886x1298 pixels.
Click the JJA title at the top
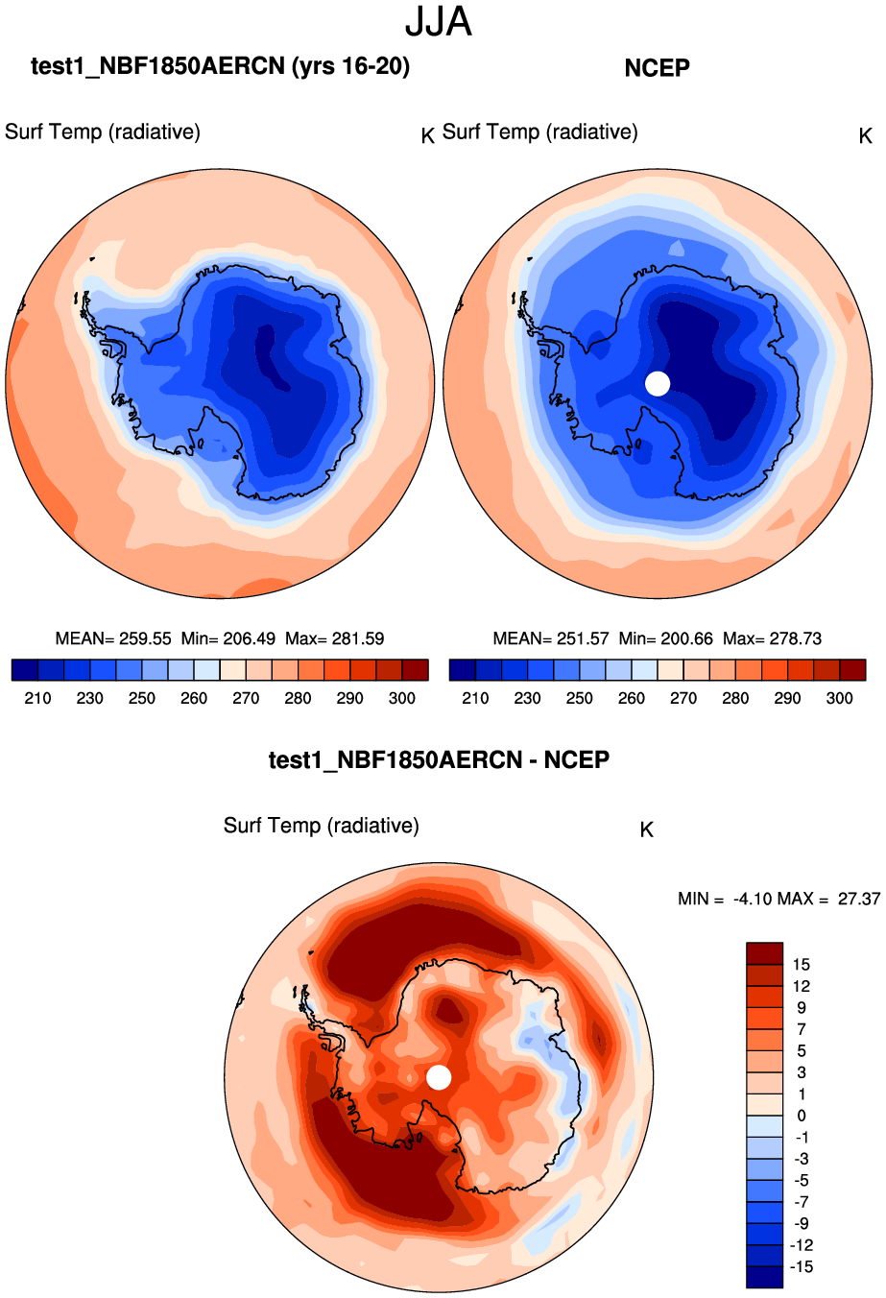(x=439, y=22)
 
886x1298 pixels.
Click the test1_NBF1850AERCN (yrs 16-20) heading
(x=220, y=66)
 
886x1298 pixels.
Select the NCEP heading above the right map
(x=657, y=68)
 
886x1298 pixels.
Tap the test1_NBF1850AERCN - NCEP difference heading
(x=439, y=760)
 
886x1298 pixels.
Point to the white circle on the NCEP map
(x=658, y=383)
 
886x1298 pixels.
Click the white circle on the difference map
(x=439, y=1077)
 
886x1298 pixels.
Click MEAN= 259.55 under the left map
(x=113, y=638)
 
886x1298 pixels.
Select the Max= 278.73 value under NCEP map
(x=772, y=638)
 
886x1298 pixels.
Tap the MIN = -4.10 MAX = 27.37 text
(x=778, y=900)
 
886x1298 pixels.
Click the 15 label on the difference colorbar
(x=801, y=965)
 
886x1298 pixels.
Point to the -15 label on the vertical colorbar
(x=801, y=1266)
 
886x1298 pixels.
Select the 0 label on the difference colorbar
(x=801, y=1116)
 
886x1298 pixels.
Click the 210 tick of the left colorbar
(x=37, y=698)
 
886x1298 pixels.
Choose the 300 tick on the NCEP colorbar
(x=839, y=698)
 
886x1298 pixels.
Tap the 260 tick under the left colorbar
(x=194, y=698)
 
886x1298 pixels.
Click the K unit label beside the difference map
(x=646, y=829)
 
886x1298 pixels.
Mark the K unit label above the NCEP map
(x=865, y=136)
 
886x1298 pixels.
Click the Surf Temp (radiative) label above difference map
(x=321, y=826)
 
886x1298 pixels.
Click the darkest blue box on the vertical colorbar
(x=764, y=1277)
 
